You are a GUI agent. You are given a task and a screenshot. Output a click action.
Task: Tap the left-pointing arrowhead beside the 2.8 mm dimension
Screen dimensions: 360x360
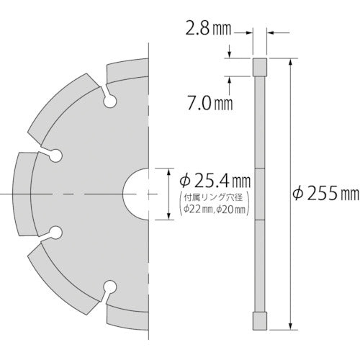coord(271,32)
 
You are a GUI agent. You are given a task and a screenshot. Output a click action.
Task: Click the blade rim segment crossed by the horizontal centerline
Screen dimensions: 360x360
coord(21,194)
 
